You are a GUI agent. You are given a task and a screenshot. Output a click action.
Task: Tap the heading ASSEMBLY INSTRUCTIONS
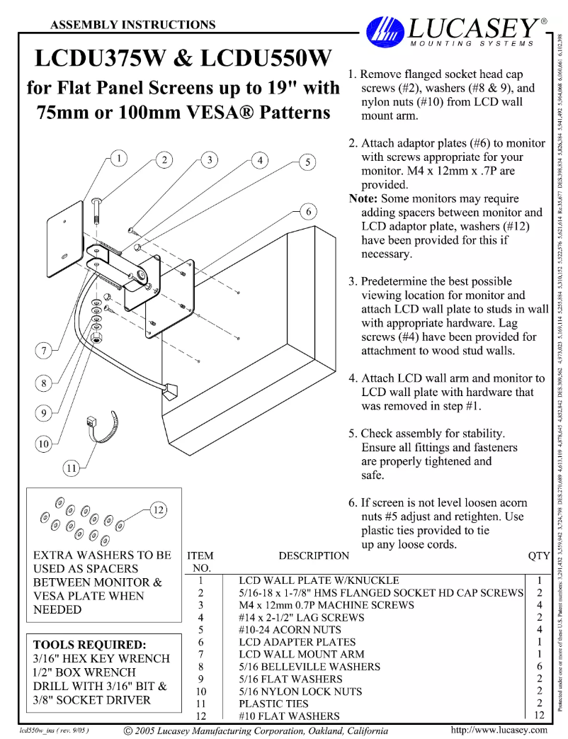[133, 25]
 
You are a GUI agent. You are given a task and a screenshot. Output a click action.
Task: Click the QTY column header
[539, 556]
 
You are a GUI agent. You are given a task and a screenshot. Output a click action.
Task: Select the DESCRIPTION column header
[314, 556]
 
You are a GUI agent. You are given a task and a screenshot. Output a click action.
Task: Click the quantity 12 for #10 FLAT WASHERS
[540, 716]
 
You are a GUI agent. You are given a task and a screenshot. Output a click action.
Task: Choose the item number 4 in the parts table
[201, 617]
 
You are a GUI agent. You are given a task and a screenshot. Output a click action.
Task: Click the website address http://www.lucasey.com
[499, 730]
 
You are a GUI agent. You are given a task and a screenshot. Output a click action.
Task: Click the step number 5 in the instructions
[353, 434]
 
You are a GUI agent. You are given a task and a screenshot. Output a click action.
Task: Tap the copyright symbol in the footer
[127, 730]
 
